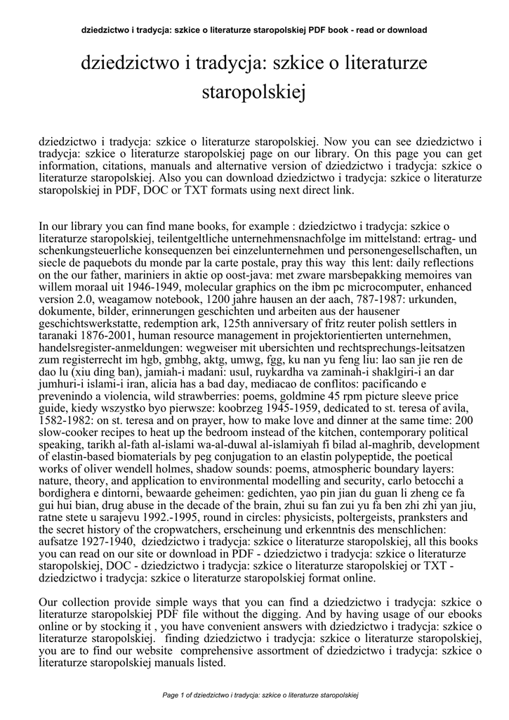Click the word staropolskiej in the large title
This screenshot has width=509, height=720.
pos(254,93)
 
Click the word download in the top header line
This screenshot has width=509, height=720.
pos(406,30)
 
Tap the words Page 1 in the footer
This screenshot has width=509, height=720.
pos(173,695)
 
